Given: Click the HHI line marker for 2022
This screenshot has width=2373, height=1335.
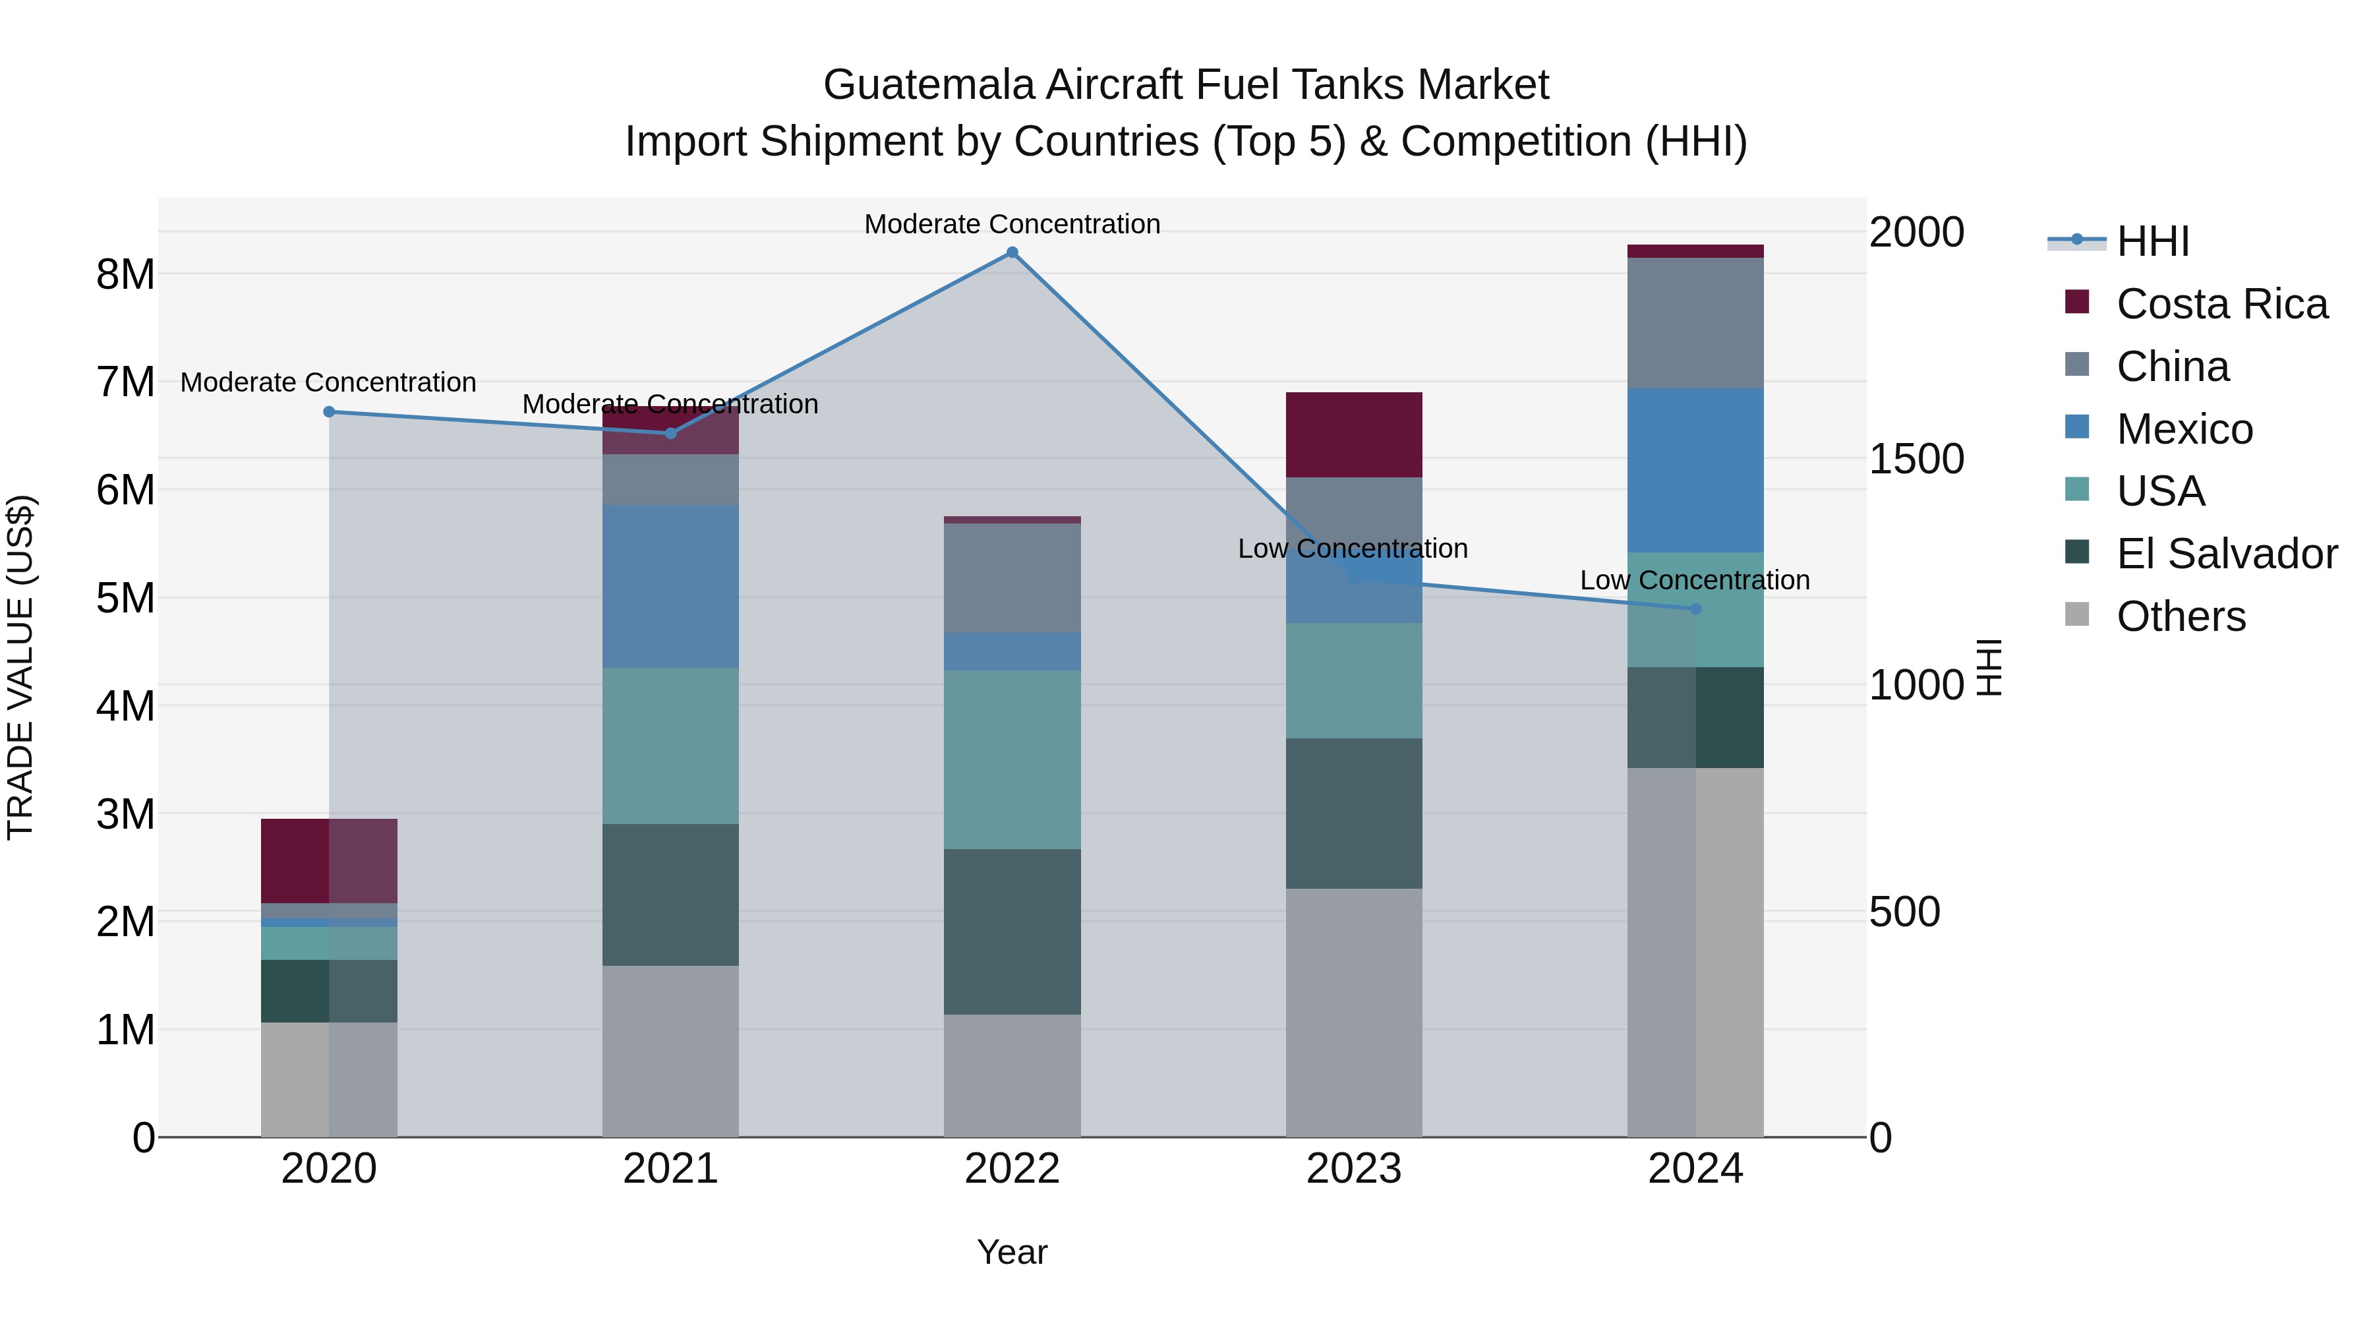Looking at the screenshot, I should tap(1011, 252).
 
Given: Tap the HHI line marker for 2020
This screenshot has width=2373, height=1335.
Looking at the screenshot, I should tap(329, 412).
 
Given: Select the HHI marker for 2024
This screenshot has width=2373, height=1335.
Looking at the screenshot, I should tap(1695, 609).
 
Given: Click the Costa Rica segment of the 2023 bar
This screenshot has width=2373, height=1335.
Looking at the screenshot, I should tap(1353, 435).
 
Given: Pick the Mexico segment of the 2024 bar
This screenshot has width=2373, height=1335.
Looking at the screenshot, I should tap(1695, 470).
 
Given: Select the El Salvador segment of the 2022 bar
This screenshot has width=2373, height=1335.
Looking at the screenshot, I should tap(1011, 932).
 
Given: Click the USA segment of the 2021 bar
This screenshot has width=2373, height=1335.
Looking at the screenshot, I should tap(670, 746).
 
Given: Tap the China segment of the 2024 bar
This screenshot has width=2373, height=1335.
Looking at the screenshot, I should tap(1695, 322).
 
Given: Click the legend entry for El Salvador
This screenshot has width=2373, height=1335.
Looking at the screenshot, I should tap(2225, 554).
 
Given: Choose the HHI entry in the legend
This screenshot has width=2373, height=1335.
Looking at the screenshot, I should tap(2152, 241).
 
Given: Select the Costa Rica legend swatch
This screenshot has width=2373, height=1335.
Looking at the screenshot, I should tap(2077, 302).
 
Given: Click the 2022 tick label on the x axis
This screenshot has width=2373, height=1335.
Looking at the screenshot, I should tap(1011, 1169).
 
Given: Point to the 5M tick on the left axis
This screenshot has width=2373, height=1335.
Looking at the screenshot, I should tap(125, 598).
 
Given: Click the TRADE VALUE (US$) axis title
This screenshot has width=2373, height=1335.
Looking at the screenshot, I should tap(20, 667).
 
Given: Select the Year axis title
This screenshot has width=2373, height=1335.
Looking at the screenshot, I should tap(1011, 1252).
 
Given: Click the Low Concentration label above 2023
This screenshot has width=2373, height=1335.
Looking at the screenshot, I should tap(1353, 549).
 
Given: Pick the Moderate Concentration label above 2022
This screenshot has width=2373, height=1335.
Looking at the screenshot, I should tap(1011, 224).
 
